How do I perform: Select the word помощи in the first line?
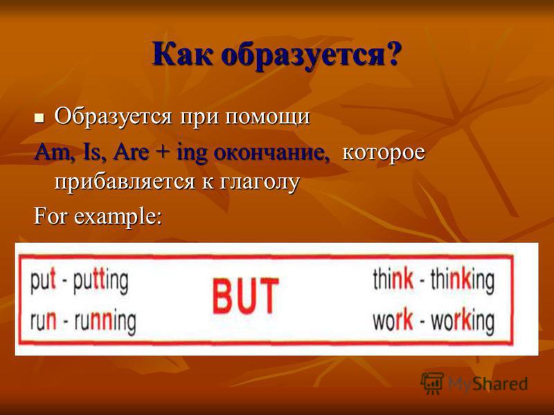(x=267, y=116)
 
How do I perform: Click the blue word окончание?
(x=272, y=154)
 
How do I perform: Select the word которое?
(x=384, y=154)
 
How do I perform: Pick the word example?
(x=117, y=216)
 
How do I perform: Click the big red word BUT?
(x=246, y=297)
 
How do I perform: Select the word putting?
(x=100, y=282)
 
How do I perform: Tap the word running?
(x=105, y=322)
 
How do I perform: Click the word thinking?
(x=462, y=281)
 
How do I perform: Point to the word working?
(x=463, y=321)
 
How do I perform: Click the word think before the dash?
(x=393, y=279)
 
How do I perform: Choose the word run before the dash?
(x=43, y=321)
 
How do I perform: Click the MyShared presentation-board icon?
(x=432, y=383)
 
